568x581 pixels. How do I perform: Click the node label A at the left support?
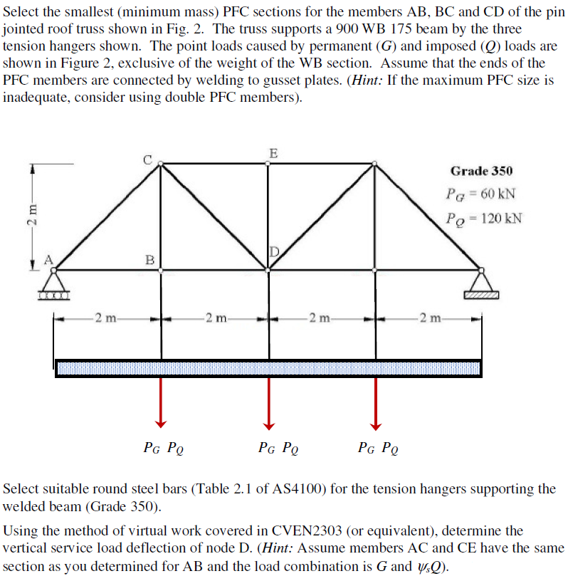pyautogui.click(x=49, y=260)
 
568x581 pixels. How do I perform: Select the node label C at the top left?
pyautogui.click(x=149, y=159)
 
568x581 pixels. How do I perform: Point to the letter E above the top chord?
pyautogui.click(x=274, y=152)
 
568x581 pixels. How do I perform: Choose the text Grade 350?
pyautogui.click(x=480, y=171)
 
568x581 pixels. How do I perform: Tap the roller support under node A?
pyautogui.click(x=54, y=292)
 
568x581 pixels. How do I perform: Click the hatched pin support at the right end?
pyautogui.click(x=481, y=293)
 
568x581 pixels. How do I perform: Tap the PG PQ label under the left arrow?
pyautogui.click(x=164, y=448)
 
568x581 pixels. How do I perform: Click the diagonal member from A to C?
pyautogui.click(x=107, y=216)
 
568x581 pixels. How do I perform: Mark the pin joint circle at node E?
pyautogui.click(x=268, y=163)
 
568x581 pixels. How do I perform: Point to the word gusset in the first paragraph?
pyautogui.click(x=308, y=80)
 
